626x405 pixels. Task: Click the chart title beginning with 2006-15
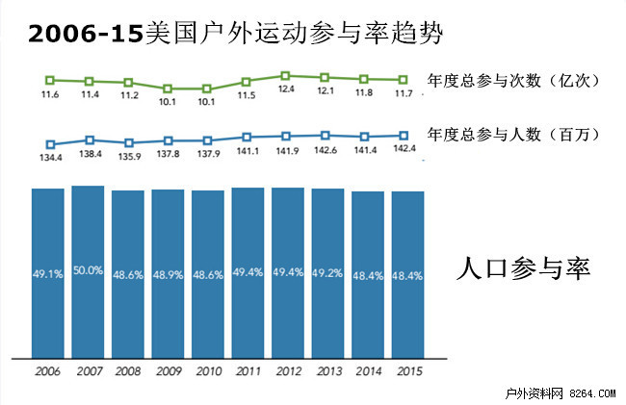[x=236, y=34]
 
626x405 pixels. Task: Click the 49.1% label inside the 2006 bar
[x=48, y=273]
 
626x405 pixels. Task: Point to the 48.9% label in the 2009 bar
[x=168, y=273]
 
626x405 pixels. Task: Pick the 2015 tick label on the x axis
[x=406, y=370]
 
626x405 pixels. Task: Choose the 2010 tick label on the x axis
[x=207, y=370]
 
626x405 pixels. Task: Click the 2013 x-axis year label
[x=326, y=370]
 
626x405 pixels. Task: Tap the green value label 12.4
[x=286, y=89]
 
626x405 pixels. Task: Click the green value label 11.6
[x=49, y=94]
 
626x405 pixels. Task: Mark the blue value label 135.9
[x=128, y=156]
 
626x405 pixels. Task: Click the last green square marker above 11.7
[x=404, y=80]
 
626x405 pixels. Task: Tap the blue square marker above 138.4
[x=89, y=140]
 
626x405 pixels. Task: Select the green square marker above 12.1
[x=326, y=77]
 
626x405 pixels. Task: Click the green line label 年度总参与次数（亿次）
[x=514, y=80]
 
